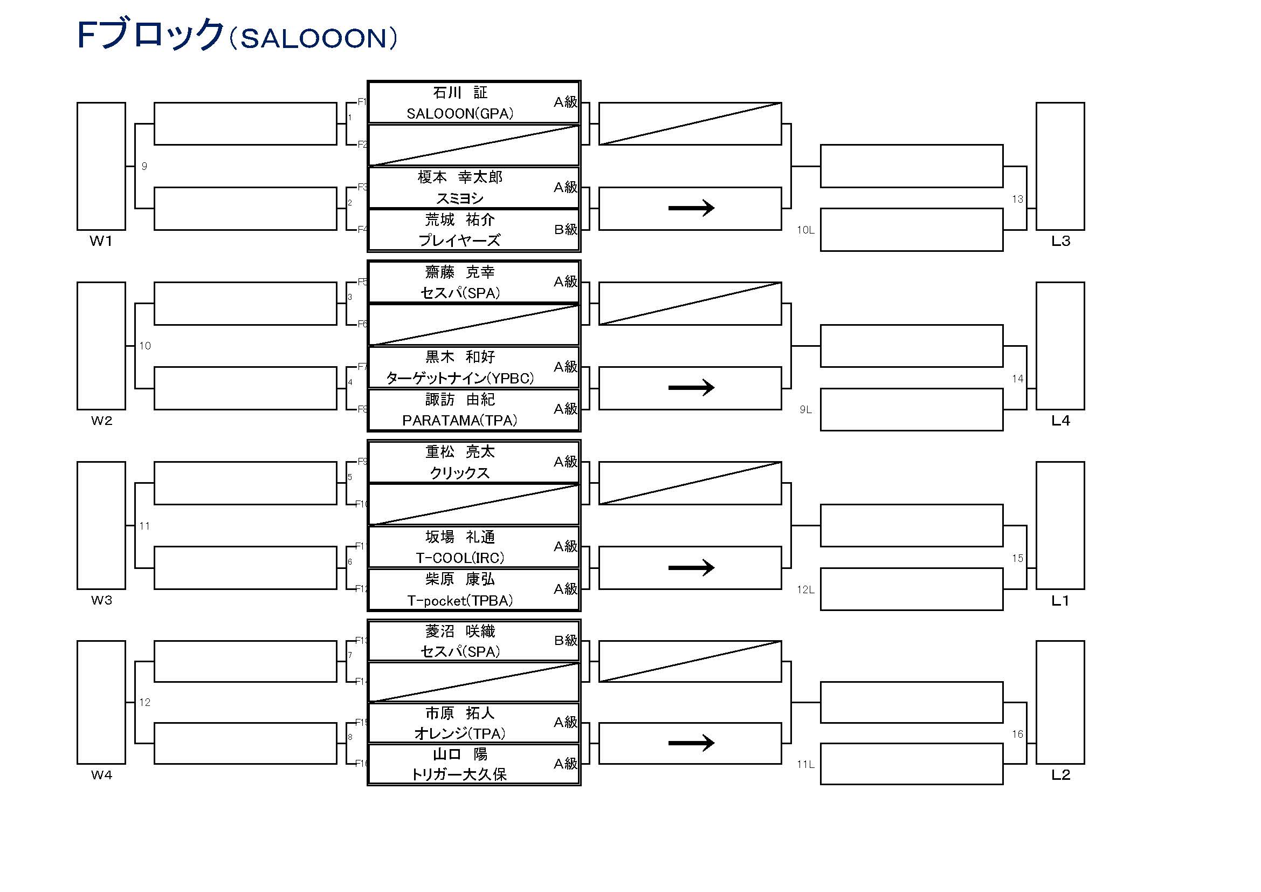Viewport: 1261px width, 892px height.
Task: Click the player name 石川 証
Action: (460, 93)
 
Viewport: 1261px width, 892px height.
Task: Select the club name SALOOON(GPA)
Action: (460, 114)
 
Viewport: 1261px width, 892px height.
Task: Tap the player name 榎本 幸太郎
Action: (460, 177)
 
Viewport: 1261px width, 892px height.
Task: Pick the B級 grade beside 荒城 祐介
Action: (565, 230)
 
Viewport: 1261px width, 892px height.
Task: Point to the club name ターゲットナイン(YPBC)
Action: (460, 379)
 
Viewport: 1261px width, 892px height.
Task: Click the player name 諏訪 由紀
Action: (460, 400)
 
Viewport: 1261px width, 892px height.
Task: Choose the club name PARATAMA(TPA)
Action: (460, 421)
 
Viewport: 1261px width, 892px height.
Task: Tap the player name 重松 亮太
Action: (460, 452)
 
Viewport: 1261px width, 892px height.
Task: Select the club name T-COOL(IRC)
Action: (460, 558)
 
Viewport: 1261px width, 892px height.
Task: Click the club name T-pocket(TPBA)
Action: (460, 601)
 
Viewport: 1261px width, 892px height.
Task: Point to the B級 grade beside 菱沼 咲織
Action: (565, 641)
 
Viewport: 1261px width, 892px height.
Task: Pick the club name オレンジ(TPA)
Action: (460, 734)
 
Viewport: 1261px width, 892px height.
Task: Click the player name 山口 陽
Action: (460, 754)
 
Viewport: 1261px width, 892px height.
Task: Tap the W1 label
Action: (101, 241)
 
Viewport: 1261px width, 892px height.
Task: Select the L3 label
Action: (1060, 241)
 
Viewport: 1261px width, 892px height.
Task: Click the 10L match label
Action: (805, 230)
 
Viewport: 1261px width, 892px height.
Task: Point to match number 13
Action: (1017, 200)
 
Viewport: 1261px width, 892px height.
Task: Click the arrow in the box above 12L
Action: (691, 567)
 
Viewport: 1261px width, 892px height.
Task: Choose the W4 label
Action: (101, 775)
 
